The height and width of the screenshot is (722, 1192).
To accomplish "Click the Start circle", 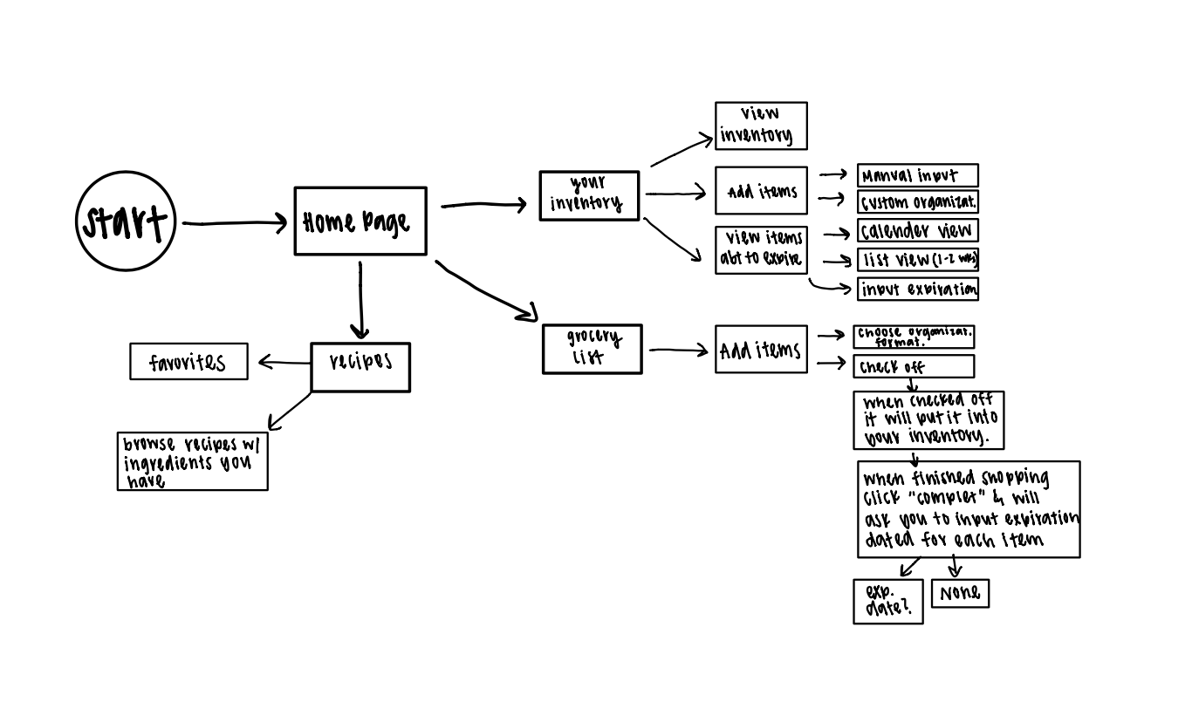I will (126, 221).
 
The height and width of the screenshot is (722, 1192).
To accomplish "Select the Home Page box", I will (360, 221).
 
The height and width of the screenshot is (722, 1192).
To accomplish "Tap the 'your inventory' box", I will (589, 195).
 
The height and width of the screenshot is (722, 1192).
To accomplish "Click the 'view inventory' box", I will (761, 126).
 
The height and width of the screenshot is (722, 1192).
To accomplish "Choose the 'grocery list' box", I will (593, 349).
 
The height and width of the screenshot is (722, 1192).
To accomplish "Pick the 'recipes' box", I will (360, 367).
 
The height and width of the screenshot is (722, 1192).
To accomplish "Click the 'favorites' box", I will (188, 362).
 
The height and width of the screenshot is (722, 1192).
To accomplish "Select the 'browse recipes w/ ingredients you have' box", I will (193, 461).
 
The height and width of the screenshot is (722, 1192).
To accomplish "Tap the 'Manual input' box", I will (917, 175).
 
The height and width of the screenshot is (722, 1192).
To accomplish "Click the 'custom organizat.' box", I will (917, 202).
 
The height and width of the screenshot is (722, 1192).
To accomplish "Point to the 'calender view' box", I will (917, 230).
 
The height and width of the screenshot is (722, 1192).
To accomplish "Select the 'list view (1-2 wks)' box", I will (917, 259).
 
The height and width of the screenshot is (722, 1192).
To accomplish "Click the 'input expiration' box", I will (917, 289).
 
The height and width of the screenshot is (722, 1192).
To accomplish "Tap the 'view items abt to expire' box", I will (761, 250).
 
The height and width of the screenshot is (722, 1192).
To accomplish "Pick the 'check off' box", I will (914, 366).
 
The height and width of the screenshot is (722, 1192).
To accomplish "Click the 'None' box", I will (960, 594).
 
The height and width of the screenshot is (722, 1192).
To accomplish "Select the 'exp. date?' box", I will (887, 601).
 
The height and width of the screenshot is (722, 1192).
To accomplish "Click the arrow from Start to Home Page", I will (234, 223).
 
